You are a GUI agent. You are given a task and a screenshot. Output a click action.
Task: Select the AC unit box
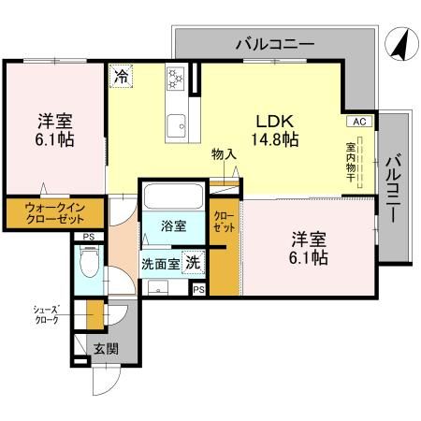click(359, 122)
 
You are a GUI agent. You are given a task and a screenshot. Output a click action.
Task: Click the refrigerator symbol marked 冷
click(121, 77)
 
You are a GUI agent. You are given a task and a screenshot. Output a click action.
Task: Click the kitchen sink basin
click(175, 123)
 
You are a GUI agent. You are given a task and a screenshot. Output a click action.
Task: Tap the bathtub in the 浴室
click(173, 197)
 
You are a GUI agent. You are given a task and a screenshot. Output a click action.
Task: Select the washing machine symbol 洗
click(192, 262)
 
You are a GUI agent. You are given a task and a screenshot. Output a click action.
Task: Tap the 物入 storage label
click(224, 155)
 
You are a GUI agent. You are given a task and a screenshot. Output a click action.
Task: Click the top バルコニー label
click(274, 42)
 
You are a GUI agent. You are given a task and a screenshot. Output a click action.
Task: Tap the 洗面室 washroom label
click(160, 264)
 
